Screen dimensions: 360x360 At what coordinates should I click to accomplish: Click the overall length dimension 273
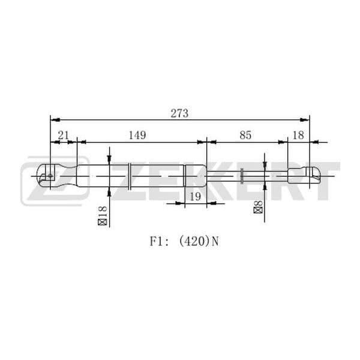point(179,113)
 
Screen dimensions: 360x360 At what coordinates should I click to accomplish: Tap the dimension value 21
point(63,135)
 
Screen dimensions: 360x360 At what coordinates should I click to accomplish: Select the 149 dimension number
point(137,135)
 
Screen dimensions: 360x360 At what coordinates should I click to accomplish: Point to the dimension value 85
point(245,135)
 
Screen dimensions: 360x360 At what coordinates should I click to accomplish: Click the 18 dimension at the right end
point(298,135)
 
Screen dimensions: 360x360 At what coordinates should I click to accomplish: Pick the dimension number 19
point(196,197)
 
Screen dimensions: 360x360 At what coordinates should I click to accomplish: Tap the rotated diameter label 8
point(258,203)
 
